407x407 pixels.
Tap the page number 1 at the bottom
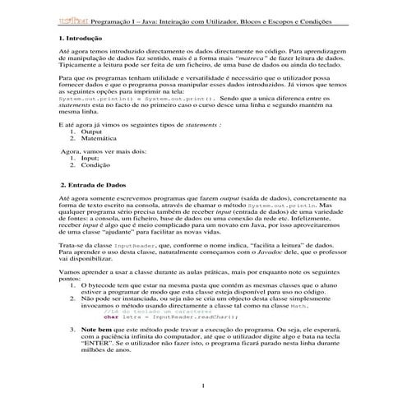coord(203,386)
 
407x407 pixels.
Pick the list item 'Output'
coord(92,155)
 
